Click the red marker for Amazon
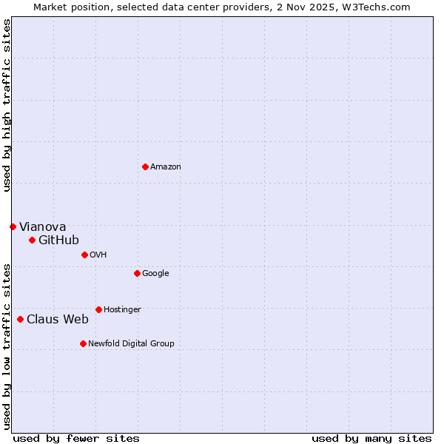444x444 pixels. tap(145, 166)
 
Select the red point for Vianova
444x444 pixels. tap(13, 226)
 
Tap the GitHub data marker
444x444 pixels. tap(32, 240)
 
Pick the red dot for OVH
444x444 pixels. tap(84, 255)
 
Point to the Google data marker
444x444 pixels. tap(137, 273)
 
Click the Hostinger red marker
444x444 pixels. tap(98, 309)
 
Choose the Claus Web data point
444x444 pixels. tap(20, 319)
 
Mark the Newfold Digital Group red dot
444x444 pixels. tap(83, 343)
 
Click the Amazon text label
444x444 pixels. tap(166, 166)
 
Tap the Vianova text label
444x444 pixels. tap(42, 226)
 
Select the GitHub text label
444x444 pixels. tap(58, 240)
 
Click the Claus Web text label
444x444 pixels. tap(58, 319)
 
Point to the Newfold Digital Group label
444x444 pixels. tap(131, 343)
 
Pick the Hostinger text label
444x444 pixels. tap(122, 309)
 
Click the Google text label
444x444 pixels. tap(155, 273)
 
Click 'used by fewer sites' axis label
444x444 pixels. tap(76, 438)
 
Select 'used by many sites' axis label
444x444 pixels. tap(371, 438)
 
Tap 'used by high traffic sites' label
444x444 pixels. tap(7, 105)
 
